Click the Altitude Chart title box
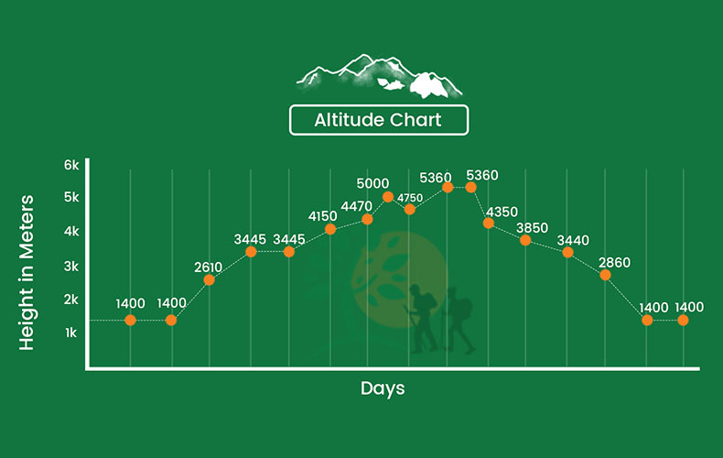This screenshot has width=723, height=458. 379,120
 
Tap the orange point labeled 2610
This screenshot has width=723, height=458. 209,279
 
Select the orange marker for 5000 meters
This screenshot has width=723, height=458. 388,197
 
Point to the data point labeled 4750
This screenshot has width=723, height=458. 409,210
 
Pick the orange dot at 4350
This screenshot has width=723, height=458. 489,224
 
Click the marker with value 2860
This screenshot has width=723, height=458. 606,275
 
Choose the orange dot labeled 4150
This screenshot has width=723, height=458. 330,229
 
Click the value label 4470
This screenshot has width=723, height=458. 356,206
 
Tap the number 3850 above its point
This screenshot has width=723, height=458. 532,227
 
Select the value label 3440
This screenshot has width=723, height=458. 573,240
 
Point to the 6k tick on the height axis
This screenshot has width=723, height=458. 71,165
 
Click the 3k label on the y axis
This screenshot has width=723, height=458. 71,267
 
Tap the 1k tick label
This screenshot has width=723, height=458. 70,333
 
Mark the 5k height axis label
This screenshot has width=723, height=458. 71,197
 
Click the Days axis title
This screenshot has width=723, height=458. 383,388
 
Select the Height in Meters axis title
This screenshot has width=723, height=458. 27,272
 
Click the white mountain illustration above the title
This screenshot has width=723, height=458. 379,76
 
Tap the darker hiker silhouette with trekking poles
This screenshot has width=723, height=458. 420,319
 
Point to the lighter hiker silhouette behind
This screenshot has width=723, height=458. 458,321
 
